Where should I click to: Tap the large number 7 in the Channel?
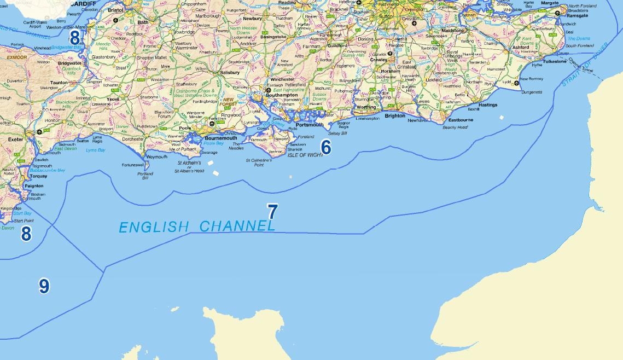(272, 212)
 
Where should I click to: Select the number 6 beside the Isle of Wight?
(326, 147)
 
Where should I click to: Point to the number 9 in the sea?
(44, 286)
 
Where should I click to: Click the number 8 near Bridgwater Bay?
(74, 37)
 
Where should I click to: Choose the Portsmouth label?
(310, 125)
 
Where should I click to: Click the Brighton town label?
(395, 115)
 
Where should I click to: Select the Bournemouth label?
(220, 138)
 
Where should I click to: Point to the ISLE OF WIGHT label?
(305, 155)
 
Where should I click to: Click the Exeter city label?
(16, 140)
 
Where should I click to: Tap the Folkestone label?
(555, 62)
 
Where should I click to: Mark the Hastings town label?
(488, 104)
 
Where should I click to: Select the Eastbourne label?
(461, 119)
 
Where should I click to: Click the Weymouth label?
(158, 156)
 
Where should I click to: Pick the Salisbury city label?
(229, 72)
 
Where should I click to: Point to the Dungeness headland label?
(532, 92)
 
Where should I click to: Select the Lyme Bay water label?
(95, 150)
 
